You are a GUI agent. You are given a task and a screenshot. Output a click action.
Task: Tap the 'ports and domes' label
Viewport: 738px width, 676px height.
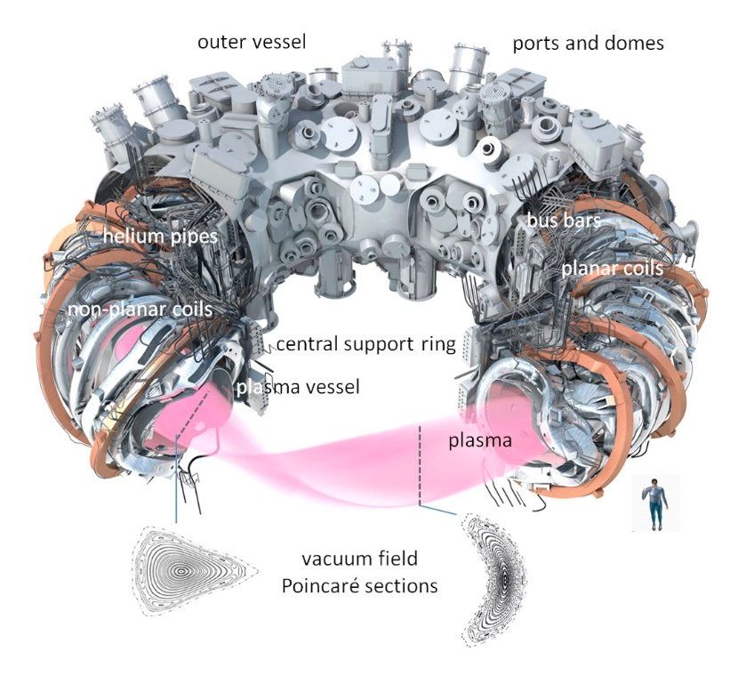point(588,43)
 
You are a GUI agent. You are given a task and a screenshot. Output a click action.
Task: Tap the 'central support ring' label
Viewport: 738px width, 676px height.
point(364,343)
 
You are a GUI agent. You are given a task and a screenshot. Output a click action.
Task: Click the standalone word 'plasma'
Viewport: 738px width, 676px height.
point(478,440)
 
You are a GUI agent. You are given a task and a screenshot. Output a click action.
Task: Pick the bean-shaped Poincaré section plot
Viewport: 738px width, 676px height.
point(492,583)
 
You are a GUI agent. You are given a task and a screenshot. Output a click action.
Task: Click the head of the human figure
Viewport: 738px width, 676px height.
point(655,481)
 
